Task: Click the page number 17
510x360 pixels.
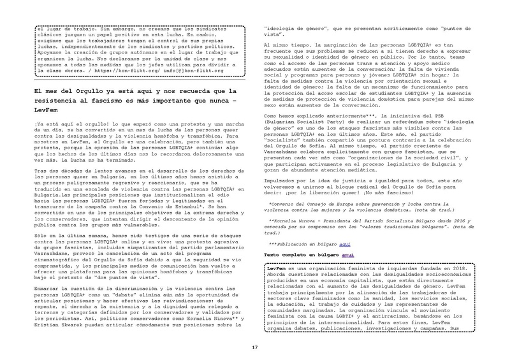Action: pyautogui.click(x=254, y=348)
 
